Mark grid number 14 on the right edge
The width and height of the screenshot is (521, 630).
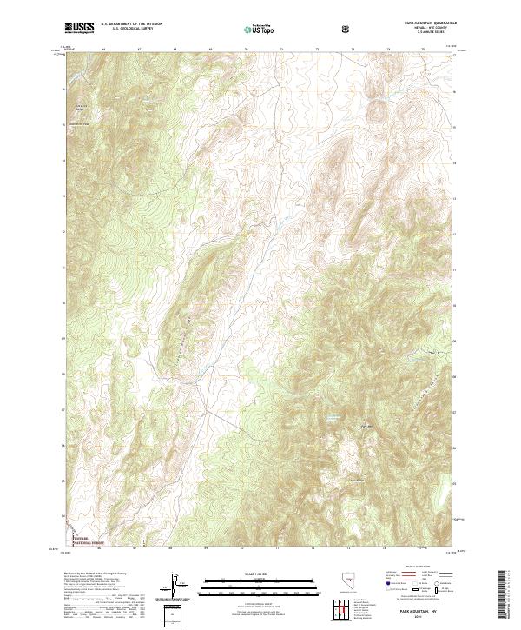(456, 160)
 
